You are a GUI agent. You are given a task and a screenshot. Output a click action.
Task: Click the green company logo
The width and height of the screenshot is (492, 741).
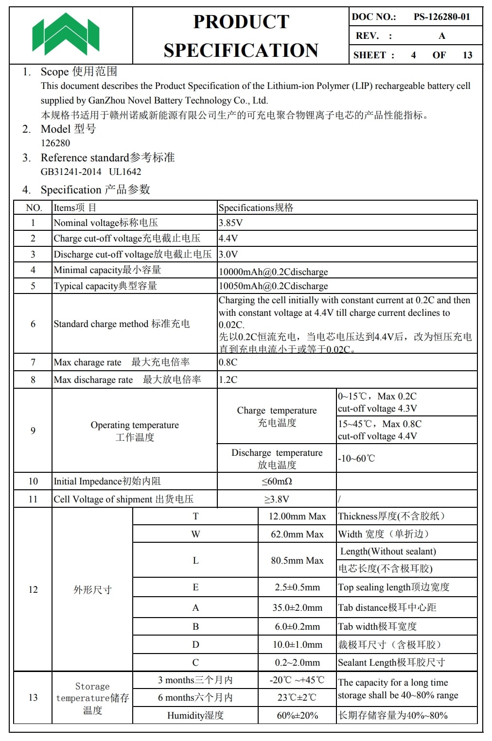[66, 34]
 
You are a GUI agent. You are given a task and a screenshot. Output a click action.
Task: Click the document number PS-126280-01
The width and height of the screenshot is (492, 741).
[441, 17]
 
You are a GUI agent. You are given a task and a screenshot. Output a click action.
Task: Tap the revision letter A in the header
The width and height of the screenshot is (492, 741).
[441, 36]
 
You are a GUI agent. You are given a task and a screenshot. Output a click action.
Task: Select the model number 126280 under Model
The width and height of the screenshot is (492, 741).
[55, 143]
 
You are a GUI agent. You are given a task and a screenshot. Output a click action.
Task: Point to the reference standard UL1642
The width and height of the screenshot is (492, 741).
[125, 172]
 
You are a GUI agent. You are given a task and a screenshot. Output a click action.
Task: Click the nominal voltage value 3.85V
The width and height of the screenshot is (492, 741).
[230, 223]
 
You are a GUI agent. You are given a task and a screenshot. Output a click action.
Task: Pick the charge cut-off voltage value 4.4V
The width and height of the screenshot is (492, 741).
[228, 239]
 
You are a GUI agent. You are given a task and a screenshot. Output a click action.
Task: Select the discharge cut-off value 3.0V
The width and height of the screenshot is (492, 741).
[228, 255]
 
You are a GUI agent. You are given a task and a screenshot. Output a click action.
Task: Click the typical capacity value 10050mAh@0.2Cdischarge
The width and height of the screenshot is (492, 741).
[273, 286]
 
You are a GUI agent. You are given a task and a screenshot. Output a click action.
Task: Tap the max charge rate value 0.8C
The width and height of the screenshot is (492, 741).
[228, 362]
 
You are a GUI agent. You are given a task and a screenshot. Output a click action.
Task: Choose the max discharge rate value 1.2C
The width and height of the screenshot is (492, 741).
[228, 380]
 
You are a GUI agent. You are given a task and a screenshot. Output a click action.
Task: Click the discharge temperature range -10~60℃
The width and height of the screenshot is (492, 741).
[357, 459]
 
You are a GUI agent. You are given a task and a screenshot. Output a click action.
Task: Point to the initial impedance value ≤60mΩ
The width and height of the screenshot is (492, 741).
[277, 482]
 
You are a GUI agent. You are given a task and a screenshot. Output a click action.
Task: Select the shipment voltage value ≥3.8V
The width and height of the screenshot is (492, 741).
[277, 500]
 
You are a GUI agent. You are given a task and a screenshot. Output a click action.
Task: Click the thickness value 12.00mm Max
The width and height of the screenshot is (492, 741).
[297, 517]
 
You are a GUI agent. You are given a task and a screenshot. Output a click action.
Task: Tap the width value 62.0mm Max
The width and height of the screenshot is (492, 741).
[297, 534]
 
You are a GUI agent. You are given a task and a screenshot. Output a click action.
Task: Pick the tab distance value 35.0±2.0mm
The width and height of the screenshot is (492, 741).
[297, 608]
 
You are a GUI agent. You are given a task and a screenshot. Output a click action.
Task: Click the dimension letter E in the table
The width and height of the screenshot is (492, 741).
[195, 587]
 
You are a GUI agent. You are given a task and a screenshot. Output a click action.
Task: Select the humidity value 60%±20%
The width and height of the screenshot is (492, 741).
[297, 716]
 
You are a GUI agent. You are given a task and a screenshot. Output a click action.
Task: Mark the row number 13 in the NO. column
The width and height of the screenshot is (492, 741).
[33, 698]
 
